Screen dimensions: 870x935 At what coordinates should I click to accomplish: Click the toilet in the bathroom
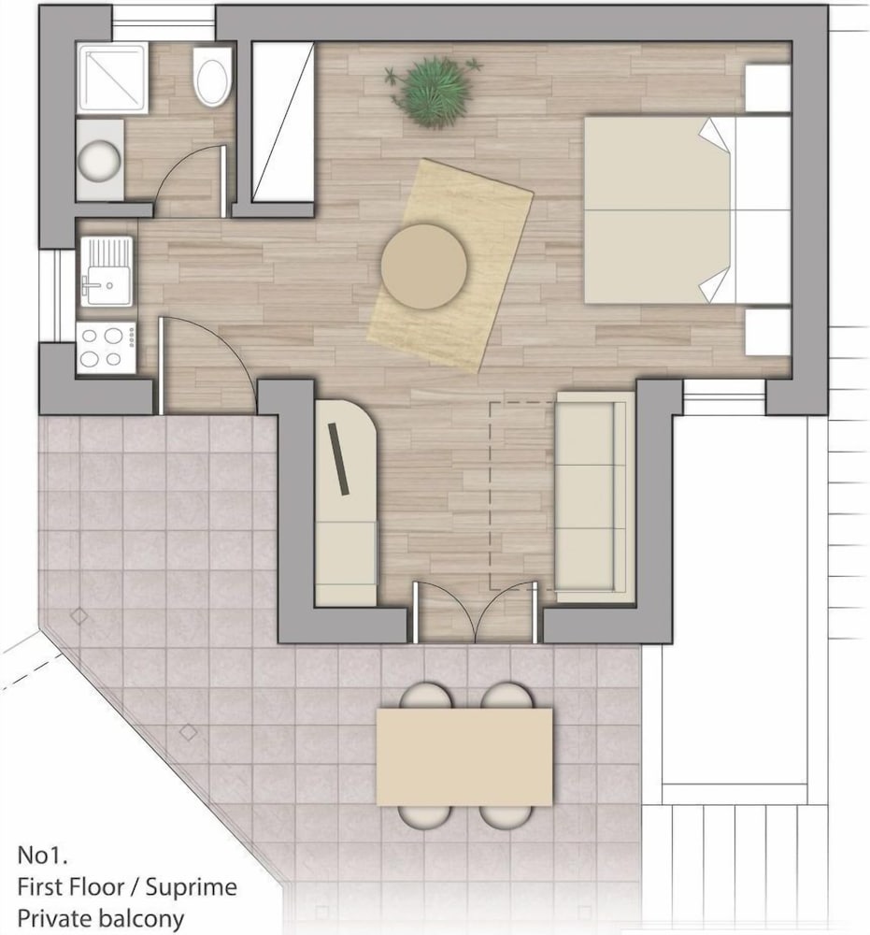tap(211, 77)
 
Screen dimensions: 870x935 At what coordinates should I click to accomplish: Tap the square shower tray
tap(112, 78)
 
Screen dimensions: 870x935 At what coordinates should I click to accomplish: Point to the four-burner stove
tap(107, 348)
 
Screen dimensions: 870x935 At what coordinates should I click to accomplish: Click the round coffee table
tap(424, 266)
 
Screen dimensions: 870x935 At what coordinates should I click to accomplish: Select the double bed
tap(687, 209)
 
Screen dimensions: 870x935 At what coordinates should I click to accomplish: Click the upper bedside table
tap(768, 88)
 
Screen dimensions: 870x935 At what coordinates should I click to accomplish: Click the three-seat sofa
tap(594, 496)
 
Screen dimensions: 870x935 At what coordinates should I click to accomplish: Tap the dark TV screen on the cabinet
tap(338, 458)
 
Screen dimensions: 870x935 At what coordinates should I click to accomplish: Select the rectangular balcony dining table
tap(464, 756)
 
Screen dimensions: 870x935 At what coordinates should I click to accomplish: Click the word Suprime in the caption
tap(192, 887)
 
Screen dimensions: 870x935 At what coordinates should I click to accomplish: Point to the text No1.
tap(42, 856)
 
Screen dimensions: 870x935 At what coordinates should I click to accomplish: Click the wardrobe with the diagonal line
tap(283, 122)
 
